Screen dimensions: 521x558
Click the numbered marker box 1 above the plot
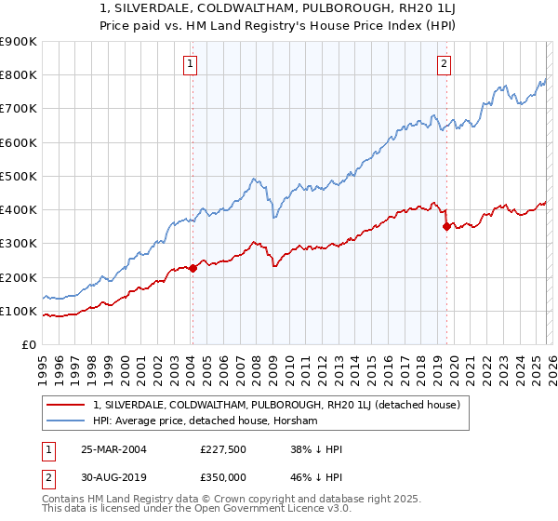click(190, 64)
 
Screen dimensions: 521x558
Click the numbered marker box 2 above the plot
click(444, 64)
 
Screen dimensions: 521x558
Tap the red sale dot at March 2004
click(193, 268)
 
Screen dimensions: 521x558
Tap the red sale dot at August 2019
click(446, 226)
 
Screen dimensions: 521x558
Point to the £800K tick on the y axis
click(19, 75)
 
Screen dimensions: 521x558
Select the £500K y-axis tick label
click(19, 176)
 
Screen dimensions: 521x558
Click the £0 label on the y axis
click(28, 344)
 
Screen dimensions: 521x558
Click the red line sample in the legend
click(67, 405)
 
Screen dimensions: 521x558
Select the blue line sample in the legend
click(67, 421)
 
